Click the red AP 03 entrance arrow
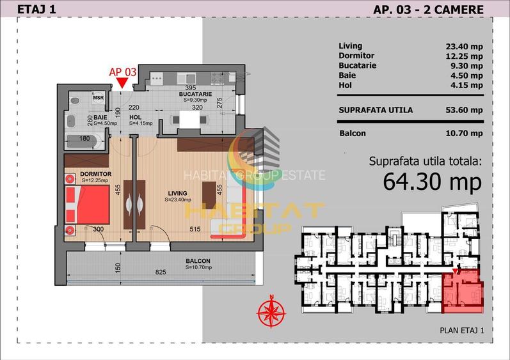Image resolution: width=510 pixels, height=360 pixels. pyautogui.click(x=122, y=83)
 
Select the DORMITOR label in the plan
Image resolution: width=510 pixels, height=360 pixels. pyautogui.click(x=97, y=174)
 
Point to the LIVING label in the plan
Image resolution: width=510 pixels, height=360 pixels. pyautogui.click(x=177, y=193)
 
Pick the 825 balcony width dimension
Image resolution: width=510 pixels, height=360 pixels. pyautogui.click(x=161, y=272)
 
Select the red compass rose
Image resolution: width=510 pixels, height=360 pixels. pyautogui.click(x=271, y=313)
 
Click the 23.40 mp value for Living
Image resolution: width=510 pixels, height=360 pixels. pyautogui.click(x=463, y=46)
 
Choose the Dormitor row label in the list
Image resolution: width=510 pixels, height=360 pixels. pyautogui.click(x=356, y=56)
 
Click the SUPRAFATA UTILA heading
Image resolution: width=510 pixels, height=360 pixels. pyautogui.click(x=375, y=110)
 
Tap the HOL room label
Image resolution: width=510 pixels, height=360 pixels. pyautogui.click(x=135, y=118)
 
